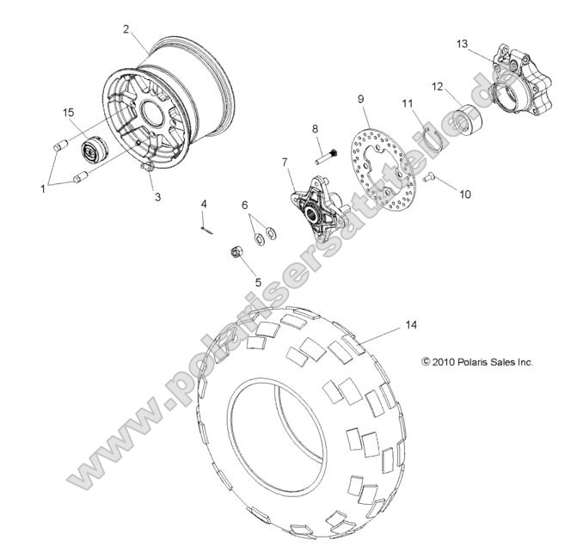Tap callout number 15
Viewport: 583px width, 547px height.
pos(67,112)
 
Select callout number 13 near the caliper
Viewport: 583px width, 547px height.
pos(462,44)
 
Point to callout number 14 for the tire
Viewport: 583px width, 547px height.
pos(410,325)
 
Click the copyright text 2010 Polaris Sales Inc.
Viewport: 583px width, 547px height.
pos(477,362)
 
